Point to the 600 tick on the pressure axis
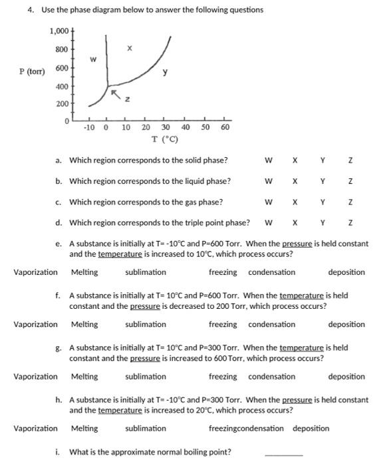(61, 69)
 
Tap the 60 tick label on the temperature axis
(225, 127)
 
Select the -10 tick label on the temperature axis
(90, 127)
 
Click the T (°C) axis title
(163, 139)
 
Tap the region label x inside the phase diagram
(130, 48)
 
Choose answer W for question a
(268, 160)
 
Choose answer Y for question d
(322, 223)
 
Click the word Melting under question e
(84, 272)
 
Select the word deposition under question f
(346, 325)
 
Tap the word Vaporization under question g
(35, 377)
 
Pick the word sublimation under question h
(146, 429)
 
